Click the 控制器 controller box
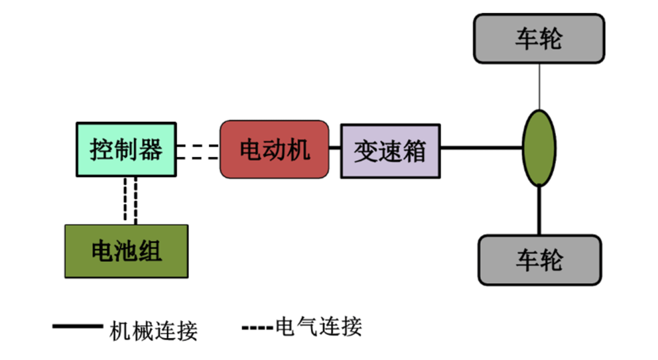pos(126,150)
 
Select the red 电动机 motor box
pos(274,149)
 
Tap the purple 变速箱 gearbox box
pos(390,151)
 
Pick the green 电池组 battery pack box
pos(126,251)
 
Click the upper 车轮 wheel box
pos(539,39)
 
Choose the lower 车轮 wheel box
pos(539,260)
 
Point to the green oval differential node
pos(539,147)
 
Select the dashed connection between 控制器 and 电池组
pos(130,201)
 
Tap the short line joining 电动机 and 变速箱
pos(334,147)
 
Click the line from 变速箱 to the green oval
pos(481,147)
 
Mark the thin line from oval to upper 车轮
pos(539,86)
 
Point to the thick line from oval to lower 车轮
pos(539,211)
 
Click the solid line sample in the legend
pos(77,327)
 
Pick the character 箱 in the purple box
pos(414,151)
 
